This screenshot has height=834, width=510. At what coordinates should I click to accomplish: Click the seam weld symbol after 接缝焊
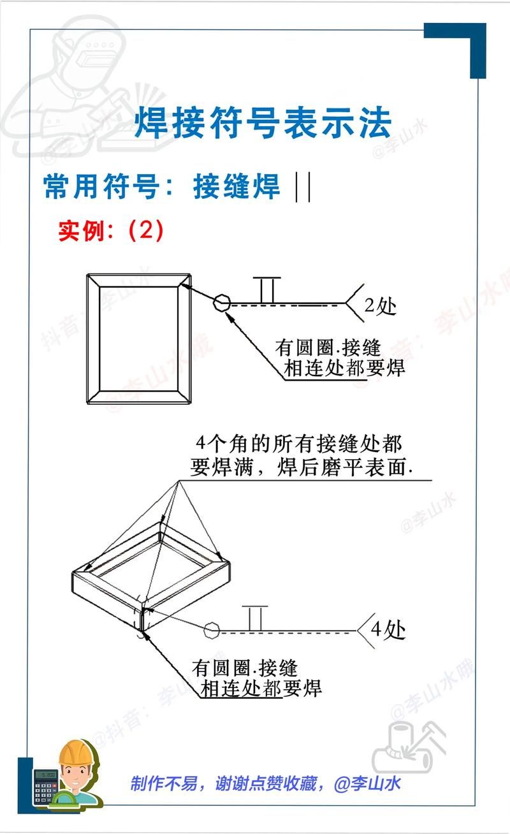point(303,187)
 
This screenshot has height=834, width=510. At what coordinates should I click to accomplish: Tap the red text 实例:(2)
point(111,230)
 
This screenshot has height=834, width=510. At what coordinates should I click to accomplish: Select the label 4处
point(388,631)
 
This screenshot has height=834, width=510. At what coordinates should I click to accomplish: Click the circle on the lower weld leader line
point(212,632)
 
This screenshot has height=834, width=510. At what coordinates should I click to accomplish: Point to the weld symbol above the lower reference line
point(255,618)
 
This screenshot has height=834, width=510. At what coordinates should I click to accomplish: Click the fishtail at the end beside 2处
point(352,304)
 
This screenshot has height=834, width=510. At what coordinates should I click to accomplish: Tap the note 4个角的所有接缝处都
point(300,444)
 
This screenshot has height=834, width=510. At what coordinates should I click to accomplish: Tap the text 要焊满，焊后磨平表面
point(301,468)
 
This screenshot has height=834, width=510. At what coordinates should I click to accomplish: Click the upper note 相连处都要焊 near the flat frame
point(345,369)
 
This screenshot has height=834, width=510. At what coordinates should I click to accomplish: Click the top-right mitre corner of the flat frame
point(186,281)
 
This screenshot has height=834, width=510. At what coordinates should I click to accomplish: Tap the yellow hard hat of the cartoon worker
point(76,752)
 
